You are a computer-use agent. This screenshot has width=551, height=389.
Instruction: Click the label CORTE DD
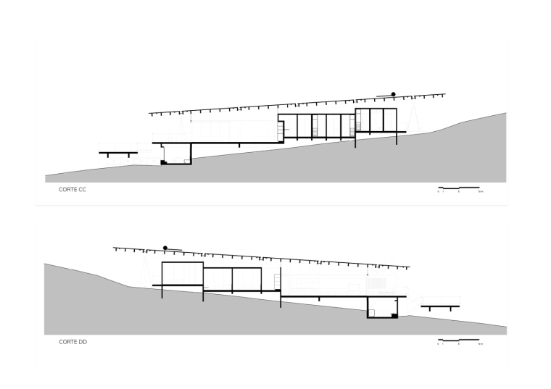tap(72, 340)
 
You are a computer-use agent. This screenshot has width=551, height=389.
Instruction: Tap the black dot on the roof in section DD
tap(166, 247)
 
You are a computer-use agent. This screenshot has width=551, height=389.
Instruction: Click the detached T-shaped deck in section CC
tap(118, 153)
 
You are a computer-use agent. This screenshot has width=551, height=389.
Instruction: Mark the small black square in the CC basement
tap(164, 162)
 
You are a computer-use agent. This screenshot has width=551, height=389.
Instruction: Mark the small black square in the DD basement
tap(394, 316)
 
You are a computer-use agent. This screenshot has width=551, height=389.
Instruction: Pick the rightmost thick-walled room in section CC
tap(376, 120)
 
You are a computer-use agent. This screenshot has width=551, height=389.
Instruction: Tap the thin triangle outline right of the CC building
tap(415, 120)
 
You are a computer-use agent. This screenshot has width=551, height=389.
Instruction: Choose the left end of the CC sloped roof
tap(150, 114)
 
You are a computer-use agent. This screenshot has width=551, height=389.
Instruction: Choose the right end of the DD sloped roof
tap(409, 267)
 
